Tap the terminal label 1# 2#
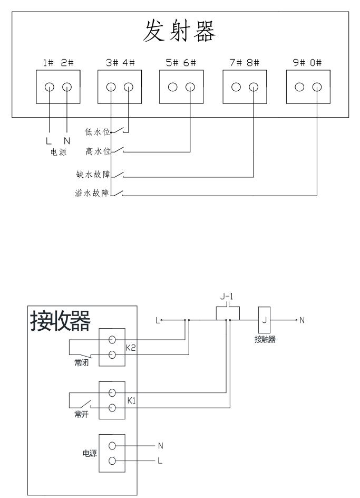pos(58,63)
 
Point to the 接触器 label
pos(265,340)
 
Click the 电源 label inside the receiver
pos(89,453)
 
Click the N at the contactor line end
pos(303,320)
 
